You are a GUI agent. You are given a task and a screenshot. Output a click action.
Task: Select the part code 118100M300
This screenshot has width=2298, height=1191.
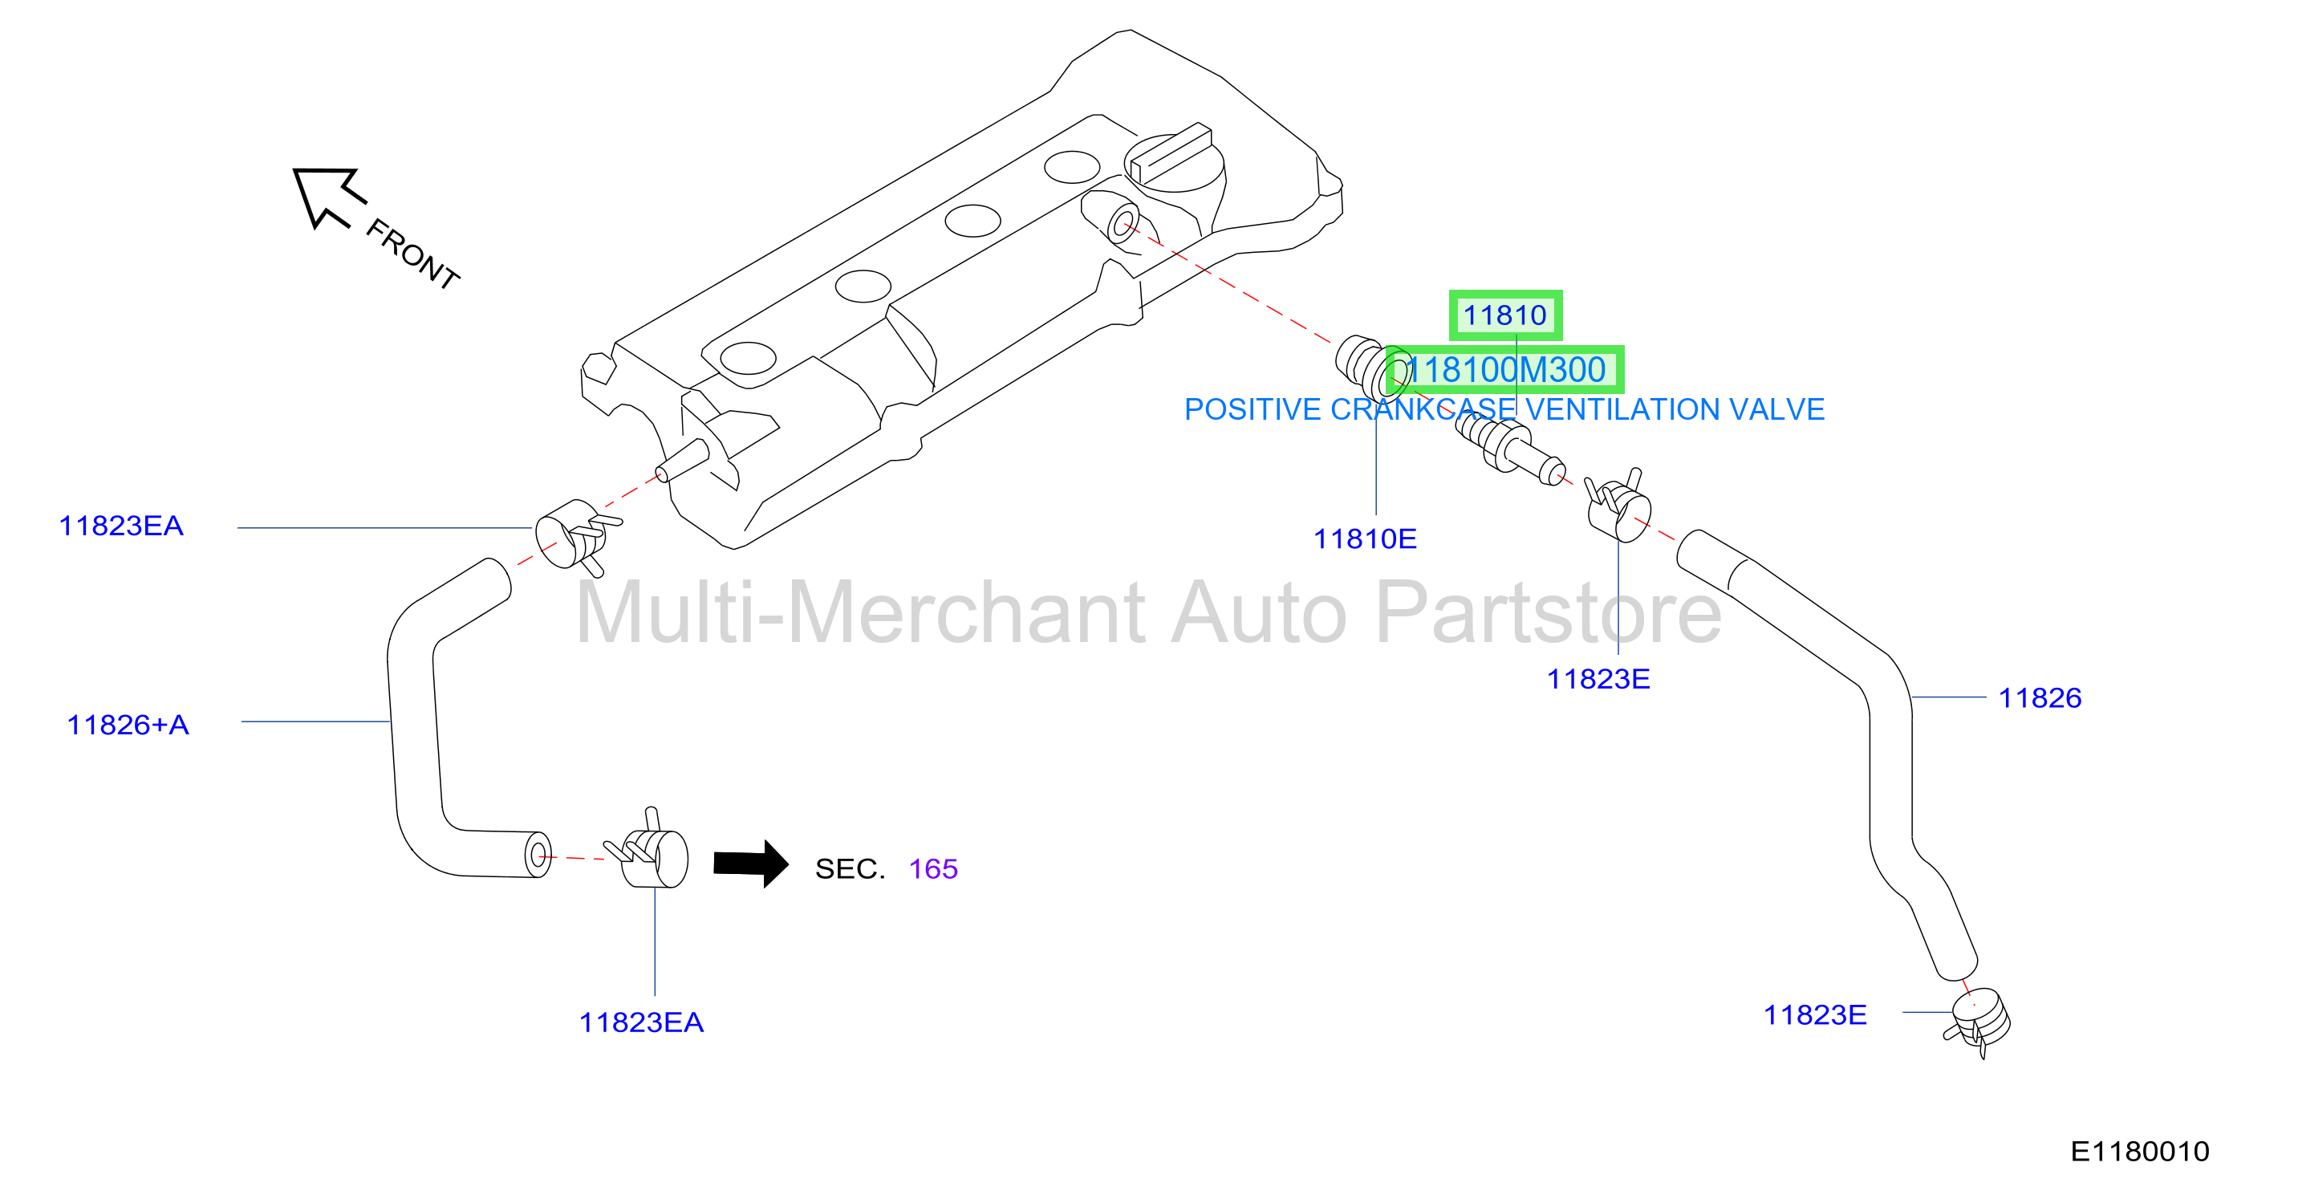[x=1506, y=369]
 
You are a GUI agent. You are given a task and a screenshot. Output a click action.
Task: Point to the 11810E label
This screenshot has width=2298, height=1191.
[x=1365, y=539]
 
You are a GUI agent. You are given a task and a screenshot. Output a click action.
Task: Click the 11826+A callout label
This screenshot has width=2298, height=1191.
[x=128, y=725]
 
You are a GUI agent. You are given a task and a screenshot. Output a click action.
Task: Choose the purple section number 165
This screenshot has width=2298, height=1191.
[x=933, y=869]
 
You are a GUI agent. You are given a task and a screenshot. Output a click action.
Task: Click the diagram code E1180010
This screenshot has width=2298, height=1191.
[x=2139, y=1152]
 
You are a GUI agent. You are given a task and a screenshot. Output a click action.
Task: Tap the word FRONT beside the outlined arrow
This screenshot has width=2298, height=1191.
[x=413, y=254]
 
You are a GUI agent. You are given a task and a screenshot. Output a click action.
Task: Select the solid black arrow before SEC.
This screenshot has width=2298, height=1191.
[x=751, y=864]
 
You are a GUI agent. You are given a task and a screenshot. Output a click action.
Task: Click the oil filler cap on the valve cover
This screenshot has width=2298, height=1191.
[x=1174, y=161]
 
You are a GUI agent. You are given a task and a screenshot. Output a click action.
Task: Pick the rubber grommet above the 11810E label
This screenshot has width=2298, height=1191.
[x=1374, y=368]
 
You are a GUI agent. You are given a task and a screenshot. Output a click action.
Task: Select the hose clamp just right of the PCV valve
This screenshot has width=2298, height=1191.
[x=1618, y=505]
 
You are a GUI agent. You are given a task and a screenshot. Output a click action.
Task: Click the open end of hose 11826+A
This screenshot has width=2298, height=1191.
[x=538, y=856]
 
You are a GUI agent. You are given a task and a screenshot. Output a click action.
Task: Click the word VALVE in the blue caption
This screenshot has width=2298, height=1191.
[x=1777, y=409]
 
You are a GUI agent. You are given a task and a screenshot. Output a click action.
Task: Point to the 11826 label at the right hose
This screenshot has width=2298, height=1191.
[x=2040, y=697]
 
